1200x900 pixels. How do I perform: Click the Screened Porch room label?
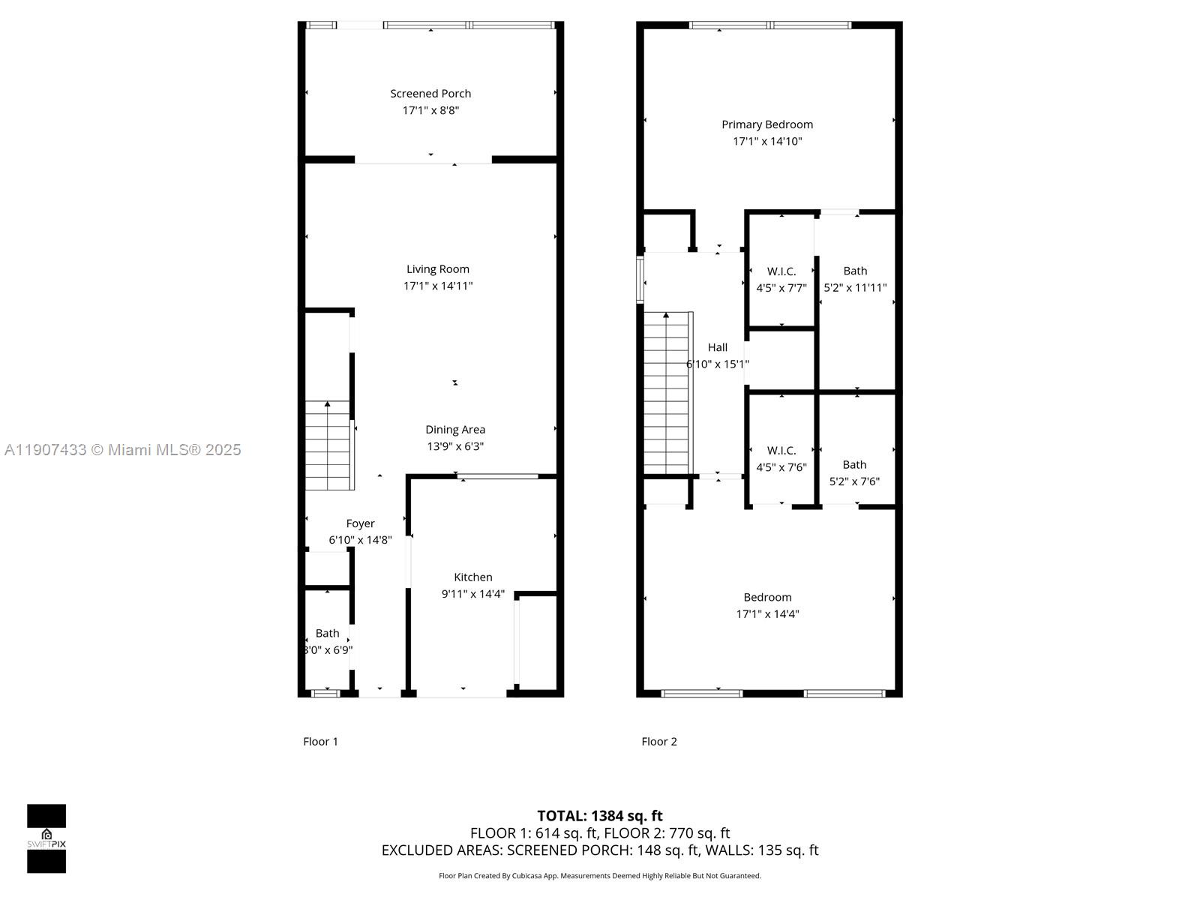(430, 94)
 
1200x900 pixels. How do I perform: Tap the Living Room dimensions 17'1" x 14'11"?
(438, 286)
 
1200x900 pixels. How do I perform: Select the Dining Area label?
(455, 430)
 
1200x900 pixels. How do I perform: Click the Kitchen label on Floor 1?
(473, 577)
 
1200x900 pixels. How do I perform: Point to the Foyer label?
(360, 523)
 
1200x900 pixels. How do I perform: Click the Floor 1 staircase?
(328, 445)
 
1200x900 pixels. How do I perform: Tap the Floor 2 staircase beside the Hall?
(666, 393)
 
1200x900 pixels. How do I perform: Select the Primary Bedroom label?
(767, 124)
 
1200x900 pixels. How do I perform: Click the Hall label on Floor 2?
(718, 347)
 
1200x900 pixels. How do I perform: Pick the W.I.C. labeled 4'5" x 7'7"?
(781, 279)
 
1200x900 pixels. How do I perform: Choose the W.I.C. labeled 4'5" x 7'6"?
(781, 458)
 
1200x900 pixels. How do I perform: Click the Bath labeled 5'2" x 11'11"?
(855, 279)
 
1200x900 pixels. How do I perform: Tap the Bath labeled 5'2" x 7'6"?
(854, 472)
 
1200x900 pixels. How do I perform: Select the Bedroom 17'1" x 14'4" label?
(767, 605)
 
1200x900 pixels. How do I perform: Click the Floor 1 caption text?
(320, 742)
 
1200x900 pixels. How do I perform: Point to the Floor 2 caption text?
(659, 742)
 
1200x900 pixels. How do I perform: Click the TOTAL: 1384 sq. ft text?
(600, 816)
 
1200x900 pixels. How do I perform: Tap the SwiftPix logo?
(46, 838)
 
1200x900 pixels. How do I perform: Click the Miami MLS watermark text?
(122, 450)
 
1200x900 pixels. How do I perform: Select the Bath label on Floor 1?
(327, 634)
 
